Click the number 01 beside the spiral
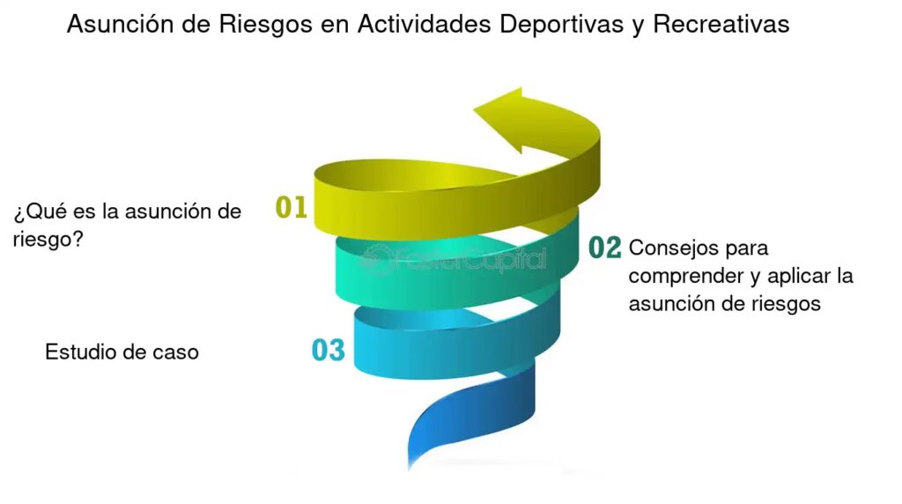291,207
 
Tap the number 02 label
605,248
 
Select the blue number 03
328,350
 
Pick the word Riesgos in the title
264,25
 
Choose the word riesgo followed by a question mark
48,239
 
